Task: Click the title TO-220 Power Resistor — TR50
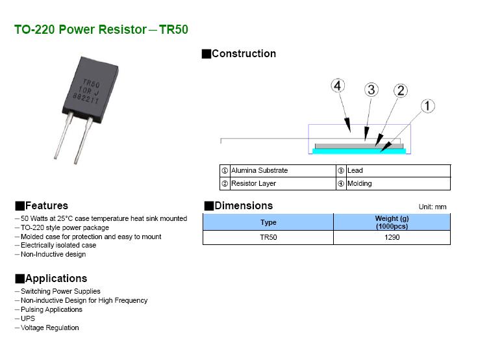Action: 101,30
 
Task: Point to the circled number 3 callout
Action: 371,90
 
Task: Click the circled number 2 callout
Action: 401,91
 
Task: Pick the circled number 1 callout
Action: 428,106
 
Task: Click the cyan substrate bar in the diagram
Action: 359,151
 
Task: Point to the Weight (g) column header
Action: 392,222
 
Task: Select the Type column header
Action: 268,222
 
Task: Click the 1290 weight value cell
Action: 392,238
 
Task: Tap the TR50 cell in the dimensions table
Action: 268,238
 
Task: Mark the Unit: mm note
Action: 433,207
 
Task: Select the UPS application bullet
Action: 28,318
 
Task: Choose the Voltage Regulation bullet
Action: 49,328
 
